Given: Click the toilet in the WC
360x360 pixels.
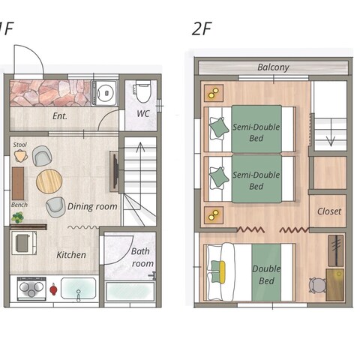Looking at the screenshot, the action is [x=142, y=91].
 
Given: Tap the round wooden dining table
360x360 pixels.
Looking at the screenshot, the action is [x=49, y=181].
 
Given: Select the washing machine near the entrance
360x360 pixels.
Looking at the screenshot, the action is [x=104, y=93].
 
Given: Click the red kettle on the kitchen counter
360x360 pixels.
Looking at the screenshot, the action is [x=53, y=289].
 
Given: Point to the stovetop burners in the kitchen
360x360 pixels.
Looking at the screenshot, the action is [x=31, y=289].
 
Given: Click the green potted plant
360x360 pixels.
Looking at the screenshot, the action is [x=17, y=217].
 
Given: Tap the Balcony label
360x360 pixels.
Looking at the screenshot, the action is [x=273, y=67].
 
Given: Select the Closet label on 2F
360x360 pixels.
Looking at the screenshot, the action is [x=329, y=211].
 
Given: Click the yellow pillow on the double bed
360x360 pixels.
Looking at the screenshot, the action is [x=222, y=272].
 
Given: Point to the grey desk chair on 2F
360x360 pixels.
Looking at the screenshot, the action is [x=317, y=285].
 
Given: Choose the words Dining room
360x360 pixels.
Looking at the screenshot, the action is [x=92, y=206].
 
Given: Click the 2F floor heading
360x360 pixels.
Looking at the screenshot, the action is [x=202, y=28].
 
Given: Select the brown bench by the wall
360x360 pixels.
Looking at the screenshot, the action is [x=18, y=184].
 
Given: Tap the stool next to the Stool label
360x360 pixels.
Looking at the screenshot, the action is [x=21, y=156].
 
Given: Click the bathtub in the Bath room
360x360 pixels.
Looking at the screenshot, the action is [x=130, y=292].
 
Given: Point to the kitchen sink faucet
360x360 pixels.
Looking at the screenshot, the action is [x=79, y=295].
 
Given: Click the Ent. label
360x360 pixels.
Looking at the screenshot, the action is [x=60, y=116].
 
